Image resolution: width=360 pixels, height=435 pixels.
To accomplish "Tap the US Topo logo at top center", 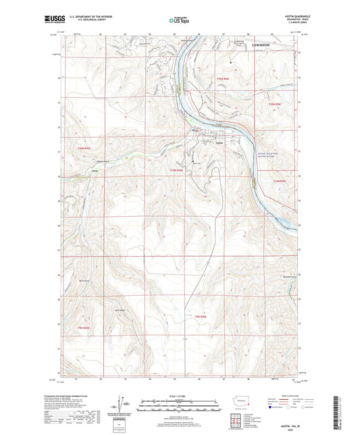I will [179, 22].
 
